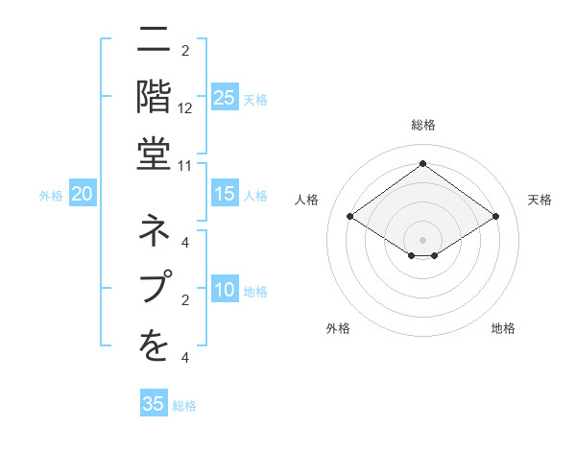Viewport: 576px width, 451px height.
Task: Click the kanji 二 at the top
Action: tap(148, 40)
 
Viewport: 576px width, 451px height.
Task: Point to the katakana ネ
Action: tap(149, 231)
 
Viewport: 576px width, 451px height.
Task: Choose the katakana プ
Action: tap(149, 287)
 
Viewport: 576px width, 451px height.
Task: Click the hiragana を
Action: tap(149, 344)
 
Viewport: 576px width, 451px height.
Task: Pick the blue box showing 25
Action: tap(224, 98)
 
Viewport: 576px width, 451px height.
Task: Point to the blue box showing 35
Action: tap(154, 404)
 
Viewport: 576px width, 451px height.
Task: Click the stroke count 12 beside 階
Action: tap(185, 108)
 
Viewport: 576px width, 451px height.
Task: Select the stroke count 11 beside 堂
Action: tap(185, 165)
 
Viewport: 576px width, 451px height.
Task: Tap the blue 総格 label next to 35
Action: tap(184, 406)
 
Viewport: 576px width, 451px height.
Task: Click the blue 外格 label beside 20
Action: tap(51, 196)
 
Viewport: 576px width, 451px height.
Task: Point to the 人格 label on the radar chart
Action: tap(307, 200)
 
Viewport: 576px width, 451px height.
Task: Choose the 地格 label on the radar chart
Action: tap(503, 328)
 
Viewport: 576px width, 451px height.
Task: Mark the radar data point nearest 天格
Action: tap(495, 218)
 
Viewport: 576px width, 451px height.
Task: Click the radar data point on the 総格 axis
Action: tap(422, 163)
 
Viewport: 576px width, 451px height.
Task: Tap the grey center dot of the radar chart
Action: tap(422, 239)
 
